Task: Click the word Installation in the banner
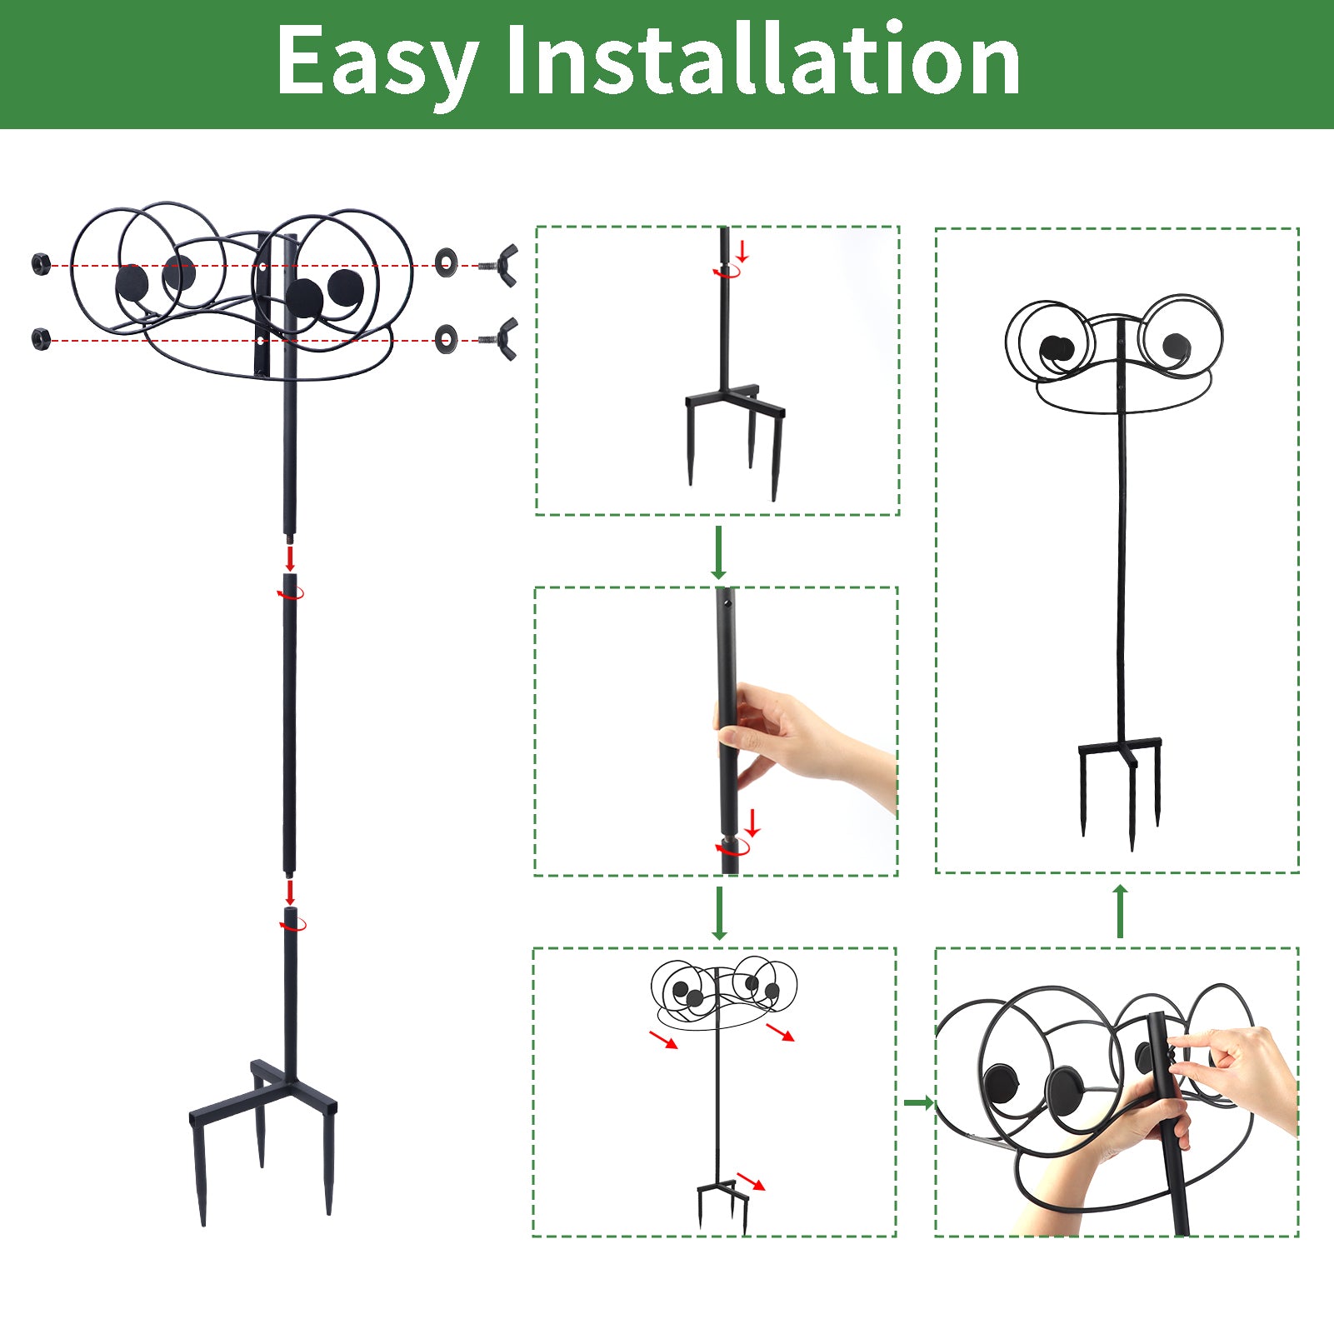pos(762,61)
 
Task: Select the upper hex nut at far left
pos(41,265)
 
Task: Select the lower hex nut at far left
pos(41,339)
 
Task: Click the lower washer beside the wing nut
pos(446,338)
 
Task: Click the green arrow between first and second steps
pos(718,552)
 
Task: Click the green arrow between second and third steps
pos(719,913)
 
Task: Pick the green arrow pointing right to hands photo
pos(918,1103)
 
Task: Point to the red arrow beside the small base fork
pos(752,1182)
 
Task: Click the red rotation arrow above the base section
pos(293,924)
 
